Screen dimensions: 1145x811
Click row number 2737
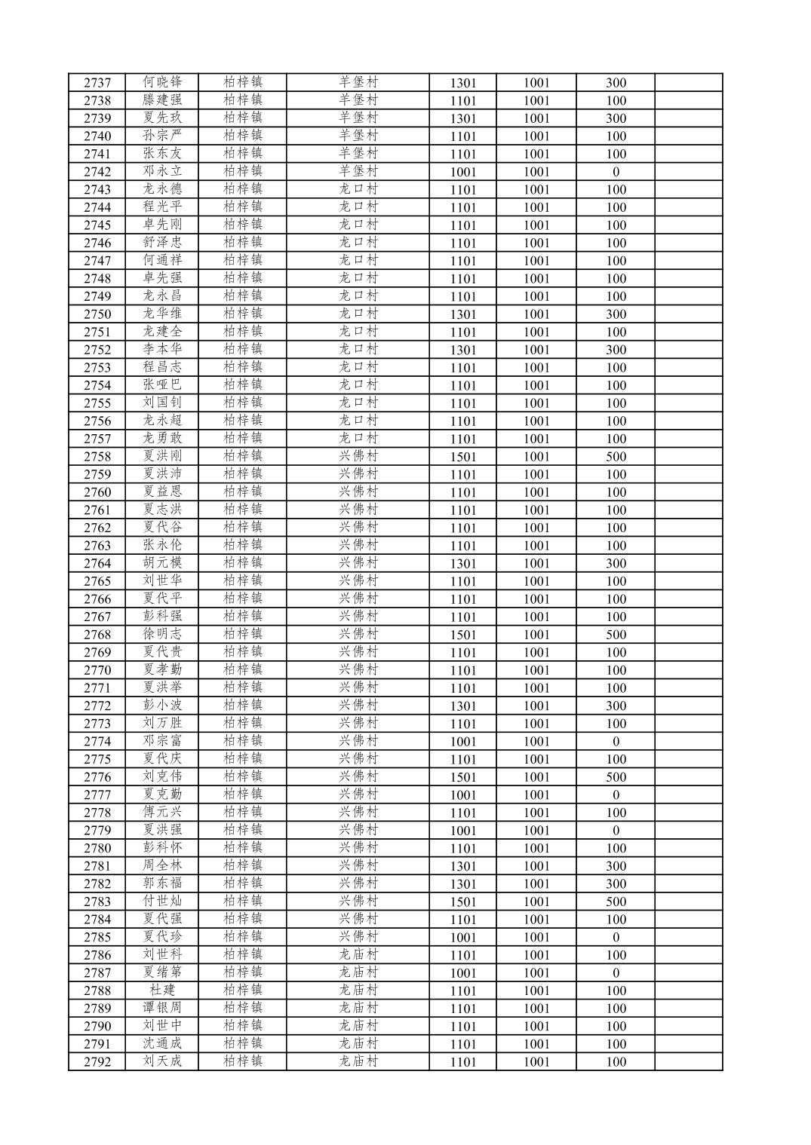tap(97, 83)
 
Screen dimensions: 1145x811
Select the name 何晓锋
tap(162, 82)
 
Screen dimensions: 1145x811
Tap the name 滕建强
tap(162, 100)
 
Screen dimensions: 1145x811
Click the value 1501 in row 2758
tap(462, 457)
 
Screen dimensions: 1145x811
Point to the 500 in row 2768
tap(616, 635)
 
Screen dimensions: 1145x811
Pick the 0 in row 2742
tap(616, 172)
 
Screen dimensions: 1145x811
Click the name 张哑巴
tap(162, 385)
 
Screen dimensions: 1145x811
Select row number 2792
tap(97, 1062)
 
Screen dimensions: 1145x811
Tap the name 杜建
tap(162, 990)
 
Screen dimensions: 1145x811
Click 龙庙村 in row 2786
tap(358, 955)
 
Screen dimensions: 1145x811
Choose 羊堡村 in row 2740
tap(358, 136)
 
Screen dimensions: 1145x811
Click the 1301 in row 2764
tap(462, 564)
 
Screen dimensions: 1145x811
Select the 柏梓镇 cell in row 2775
tap(242, 759)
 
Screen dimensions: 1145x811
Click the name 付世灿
tap(162, 902)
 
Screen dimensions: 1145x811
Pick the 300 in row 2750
tap(616, 314)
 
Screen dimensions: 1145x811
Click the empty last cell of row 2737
tap(688, 83)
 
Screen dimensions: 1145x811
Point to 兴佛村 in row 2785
tap(358, 937)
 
